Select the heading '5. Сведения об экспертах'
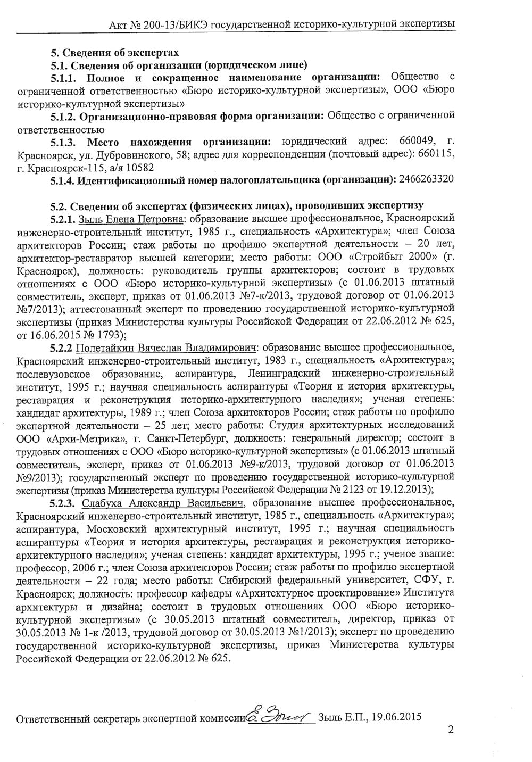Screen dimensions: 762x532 (114, 53)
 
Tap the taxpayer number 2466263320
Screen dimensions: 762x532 (426, 179)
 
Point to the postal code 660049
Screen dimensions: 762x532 (418, 141)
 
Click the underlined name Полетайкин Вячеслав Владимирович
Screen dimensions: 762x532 (167, 348)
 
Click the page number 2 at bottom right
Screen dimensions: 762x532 (451, 730)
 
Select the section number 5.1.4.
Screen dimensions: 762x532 (62, 180)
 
